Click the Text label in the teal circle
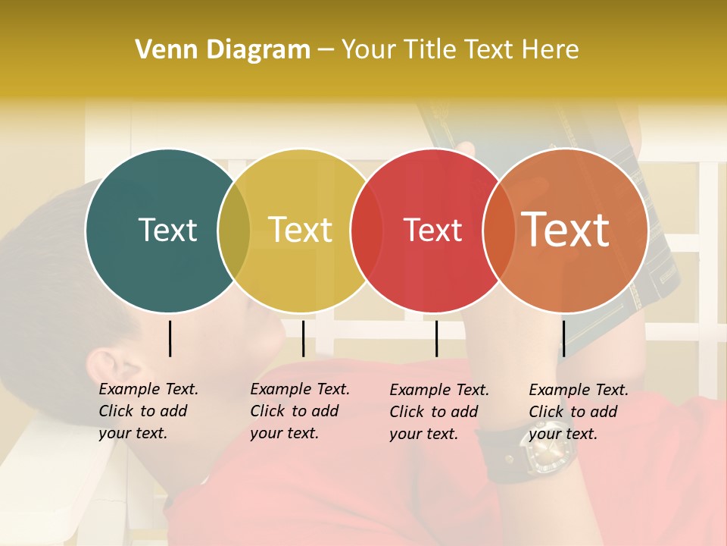click(x=167, y=230)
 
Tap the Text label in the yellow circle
click(x=301, y=230)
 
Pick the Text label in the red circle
click(x=432, y=230)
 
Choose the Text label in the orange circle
click(x=566, y=229)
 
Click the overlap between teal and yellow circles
click(x=234, y=231)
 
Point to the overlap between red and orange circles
click(x=499, y=231)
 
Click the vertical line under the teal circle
click(x=170, y=338)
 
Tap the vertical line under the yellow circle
click(x=303, y=338)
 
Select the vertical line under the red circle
click(x=436, y=338)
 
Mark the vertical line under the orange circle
click(x=563, y=338)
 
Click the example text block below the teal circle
click(x=148, y=411)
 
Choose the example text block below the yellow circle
click(x=299, y=411)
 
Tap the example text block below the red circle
click(x=438, y=412)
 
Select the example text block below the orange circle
click(x=578, y=412)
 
